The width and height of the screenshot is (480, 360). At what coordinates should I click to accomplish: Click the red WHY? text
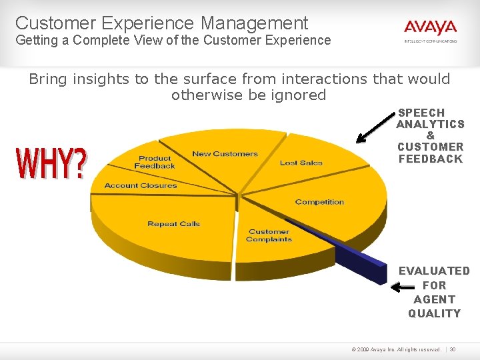point(51,163)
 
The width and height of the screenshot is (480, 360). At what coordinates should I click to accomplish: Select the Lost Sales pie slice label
point(301,163)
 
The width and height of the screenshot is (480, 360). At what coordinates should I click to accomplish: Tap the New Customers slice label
point(225,154)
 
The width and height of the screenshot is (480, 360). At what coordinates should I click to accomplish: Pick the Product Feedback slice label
point(155,162)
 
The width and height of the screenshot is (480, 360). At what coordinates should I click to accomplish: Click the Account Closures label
point(141,185)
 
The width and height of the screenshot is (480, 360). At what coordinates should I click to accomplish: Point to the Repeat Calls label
point(173,224)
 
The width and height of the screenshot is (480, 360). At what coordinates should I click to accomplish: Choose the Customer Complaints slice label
point(269,235)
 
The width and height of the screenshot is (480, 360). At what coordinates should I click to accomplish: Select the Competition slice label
point(319,202)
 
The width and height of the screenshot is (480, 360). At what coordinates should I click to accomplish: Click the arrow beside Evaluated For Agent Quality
point(402,288)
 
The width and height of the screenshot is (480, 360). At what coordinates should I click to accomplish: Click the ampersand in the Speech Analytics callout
point(430,135)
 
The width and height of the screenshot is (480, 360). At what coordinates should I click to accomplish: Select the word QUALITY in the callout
point(434,313)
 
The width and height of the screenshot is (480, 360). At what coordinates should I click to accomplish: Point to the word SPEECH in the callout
point(421,113)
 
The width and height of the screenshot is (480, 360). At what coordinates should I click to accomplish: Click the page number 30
point(453,349)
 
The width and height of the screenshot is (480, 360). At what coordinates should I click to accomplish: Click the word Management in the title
point(254,23)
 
